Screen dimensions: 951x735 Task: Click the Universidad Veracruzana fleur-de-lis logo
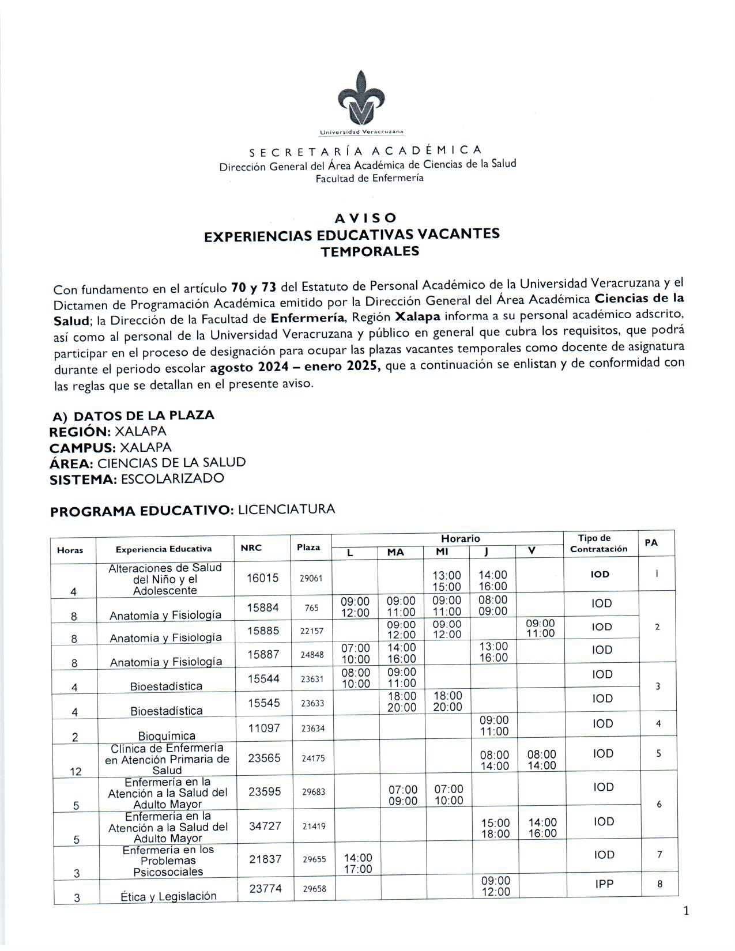pos(361,100)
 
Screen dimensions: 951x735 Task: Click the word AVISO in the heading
pos(366,218)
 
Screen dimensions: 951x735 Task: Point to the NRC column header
pos(251,548)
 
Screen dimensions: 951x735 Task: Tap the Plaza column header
pos(308,547)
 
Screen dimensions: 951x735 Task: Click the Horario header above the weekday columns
pos(460,538)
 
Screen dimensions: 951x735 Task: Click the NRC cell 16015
pos(262,578)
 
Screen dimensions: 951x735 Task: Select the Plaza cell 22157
pos(312,631)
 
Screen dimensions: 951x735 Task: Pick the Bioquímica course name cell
pos(167,735)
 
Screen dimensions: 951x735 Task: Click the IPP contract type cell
pos(604,883)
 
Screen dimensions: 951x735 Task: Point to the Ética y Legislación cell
pos(168,896)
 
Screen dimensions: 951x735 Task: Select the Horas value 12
pos(76,771)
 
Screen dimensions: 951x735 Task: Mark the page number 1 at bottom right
pos(685,911)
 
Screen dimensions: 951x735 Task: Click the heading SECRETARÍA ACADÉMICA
pos(365,151)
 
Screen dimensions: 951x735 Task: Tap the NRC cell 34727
pos(265,826)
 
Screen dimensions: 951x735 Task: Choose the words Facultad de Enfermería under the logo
pos(369,178)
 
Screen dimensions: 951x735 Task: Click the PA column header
pos(651,542)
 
